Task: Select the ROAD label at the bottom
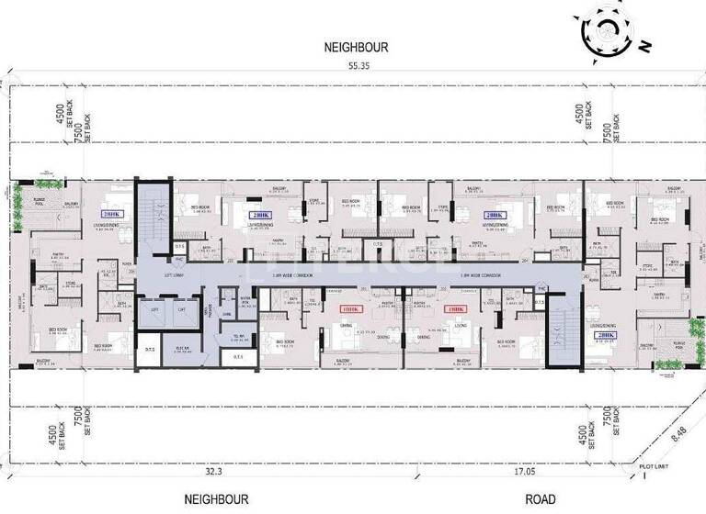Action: (x=540, y=500)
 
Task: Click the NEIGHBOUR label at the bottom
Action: (x=217, y=500)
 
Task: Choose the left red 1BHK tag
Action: (x=347, y=310)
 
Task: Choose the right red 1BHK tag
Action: (x=453, y=310)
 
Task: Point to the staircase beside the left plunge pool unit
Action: (x=153, y=213)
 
